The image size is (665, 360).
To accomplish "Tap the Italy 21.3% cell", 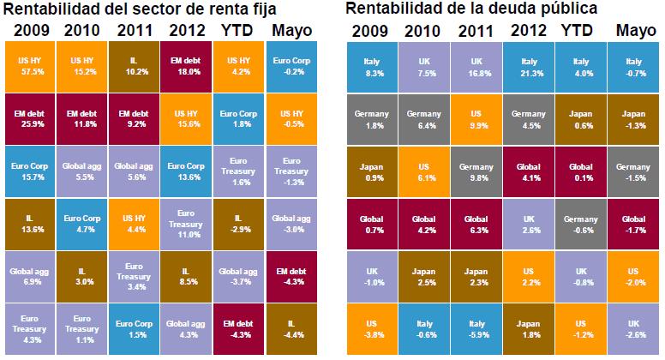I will [x=530, y=67].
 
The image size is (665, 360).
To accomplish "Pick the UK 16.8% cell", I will [x=478, y=67].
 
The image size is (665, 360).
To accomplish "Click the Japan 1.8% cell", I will [x=530, y=328].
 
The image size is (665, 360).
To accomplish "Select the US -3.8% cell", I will [x=374, y=328].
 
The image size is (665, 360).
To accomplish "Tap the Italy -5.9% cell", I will [x=478, y=328].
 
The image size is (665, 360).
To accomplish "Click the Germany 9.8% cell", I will [x=478, y=171].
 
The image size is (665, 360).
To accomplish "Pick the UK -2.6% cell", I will [x=634, y=328].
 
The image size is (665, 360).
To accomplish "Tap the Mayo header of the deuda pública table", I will [x=636, y=32].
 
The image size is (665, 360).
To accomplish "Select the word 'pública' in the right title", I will [x=565, y=10].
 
